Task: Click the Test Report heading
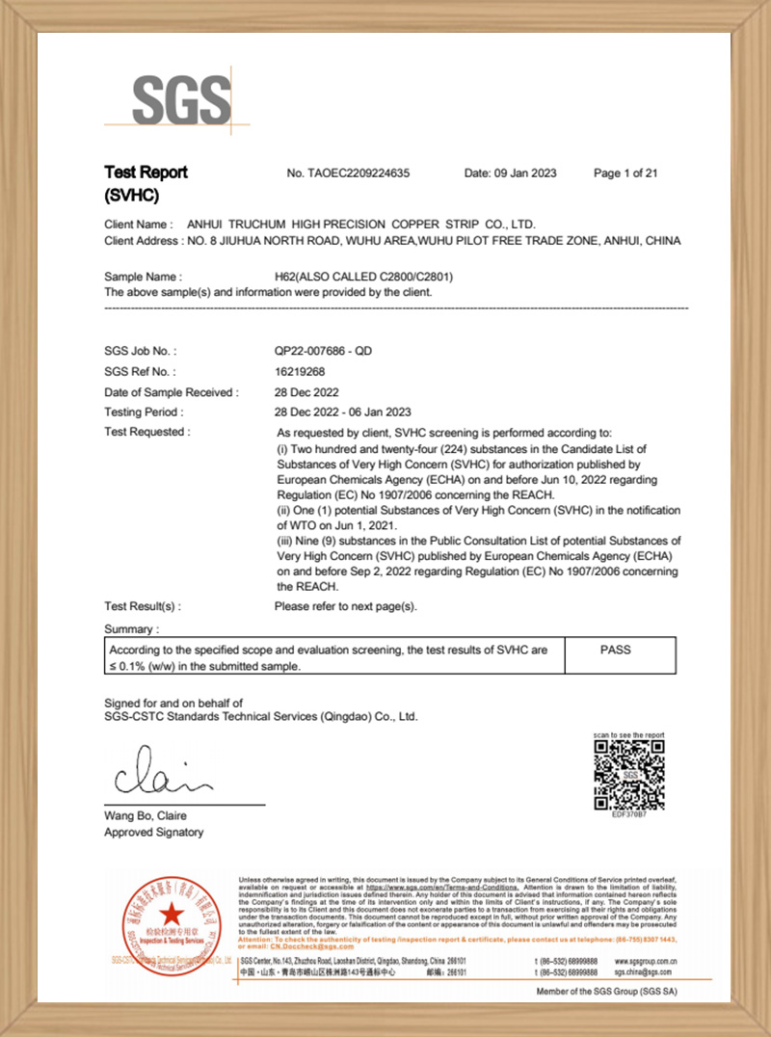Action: coord(146,173)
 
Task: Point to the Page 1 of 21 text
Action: coord(625,173)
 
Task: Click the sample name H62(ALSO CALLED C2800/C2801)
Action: coord(364,276)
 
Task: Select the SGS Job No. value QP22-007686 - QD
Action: coord(323,351)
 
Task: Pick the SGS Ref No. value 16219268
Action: coord(300,371)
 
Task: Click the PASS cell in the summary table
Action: coord(615,650)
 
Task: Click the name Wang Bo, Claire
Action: coord(146,815)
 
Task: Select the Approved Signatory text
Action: coord(154,832)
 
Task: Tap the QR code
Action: coord(629,775)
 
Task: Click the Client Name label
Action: coord(139,224)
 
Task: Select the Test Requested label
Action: coord(146,432)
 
